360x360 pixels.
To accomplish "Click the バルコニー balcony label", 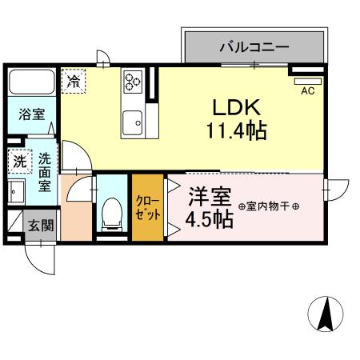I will pyautogui.click(x=254, y=47).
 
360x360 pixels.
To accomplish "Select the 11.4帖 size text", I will pyautogui.click(x=234, y=130).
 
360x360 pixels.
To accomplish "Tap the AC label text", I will pyautogui.click(x=307, y=91).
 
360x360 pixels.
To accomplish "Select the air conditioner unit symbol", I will pyautogui.click(x=307, y=80).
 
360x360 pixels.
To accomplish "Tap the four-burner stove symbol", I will pyautogui.click(x=133, y=80).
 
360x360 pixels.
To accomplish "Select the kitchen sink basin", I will pyautogui.click(x=132, y=122).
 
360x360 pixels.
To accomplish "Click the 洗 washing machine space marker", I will pyautogui.click(x=18, y=161).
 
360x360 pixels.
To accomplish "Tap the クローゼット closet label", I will pyautogui.click(x=147, y=207).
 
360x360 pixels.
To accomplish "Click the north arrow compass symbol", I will pyautogui.click(x=326, y=314).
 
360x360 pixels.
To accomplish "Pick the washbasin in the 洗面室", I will pyautogui.click(x=17, y=192).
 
